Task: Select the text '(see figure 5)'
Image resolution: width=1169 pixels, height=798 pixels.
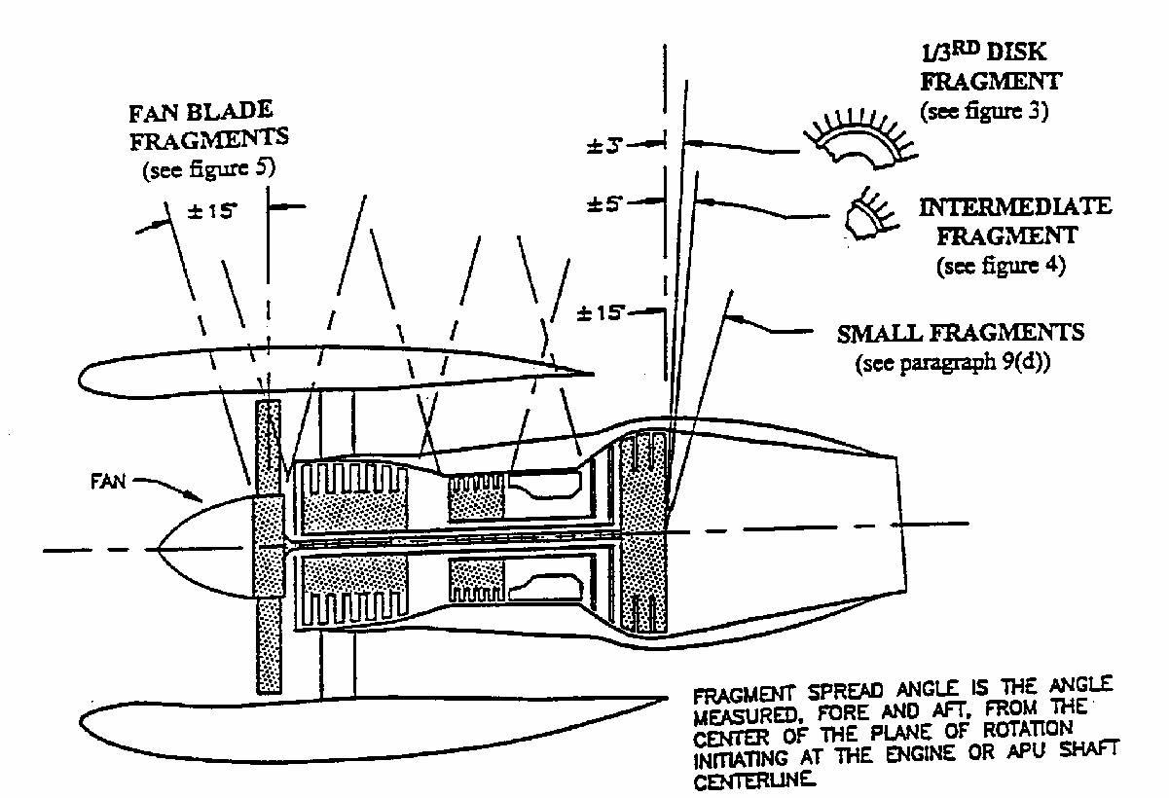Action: pos(209,168)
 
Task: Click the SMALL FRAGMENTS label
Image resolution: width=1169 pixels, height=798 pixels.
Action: pos(960,334)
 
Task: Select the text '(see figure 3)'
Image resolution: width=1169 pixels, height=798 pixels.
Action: pos(984,111)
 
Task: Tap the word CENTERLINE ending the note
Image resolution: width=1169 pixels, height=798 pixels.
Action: pos(756,780)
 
